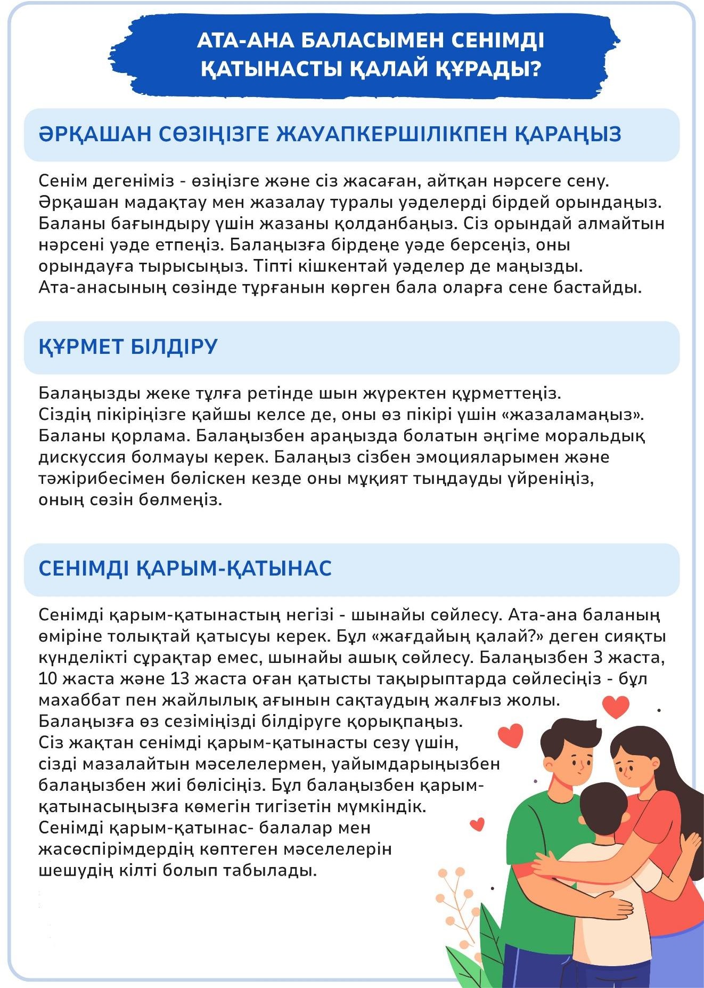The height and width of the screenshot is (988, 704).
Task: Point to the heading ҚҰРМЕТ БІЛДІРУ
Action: (128, 346)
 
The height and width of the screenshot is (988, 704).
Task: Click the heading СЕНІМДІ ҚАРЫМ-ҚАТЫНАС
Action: (185, 568)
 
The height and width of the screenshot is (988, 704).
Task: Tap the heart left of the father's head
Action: (511, 735)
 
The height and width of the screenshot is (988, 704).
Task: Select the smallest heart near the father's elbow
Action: (478, 825)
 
